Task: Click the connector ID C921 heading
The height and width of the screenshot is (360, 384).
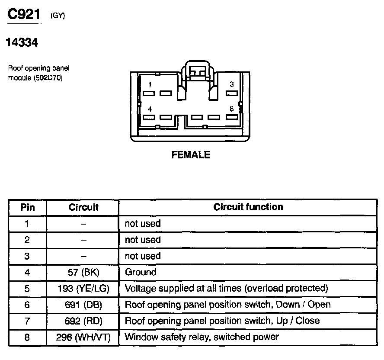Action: (x=24, y=15)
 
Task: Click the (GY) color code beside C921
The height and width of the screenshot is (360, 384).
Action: (x=58, y=16)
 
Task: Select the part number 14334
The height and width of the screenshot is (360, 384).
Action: (x=22, y=43)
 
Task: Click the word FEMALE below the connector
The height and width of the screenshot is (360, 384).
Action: (x=191, y=155)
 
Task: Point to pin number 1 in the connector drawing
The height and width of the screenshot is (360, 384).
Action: (x=149, y=84)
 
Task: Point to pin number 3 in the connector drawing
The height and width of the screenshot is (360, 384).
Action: (x=232, y=84)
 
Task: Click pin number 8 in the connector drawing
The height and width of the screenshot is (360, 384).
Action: (x=232, y=109)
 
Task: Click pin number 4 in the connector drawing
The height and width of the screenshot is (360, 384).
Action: (x=149, y=109)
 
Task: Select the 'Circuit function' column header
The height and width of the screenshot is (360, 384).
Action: (x=248, y=207)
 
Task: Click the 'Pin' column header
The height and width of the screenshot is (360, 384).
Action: (x=27, y=207)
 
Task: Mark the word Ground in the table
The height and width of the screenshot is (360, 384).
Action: (x=141, y=272)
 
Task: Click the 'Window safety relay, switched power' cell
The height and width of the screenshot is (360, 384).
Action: (x=202, y=337)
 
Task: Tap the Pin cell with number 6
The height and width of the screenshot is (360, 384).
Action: (x=27, y=305)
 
